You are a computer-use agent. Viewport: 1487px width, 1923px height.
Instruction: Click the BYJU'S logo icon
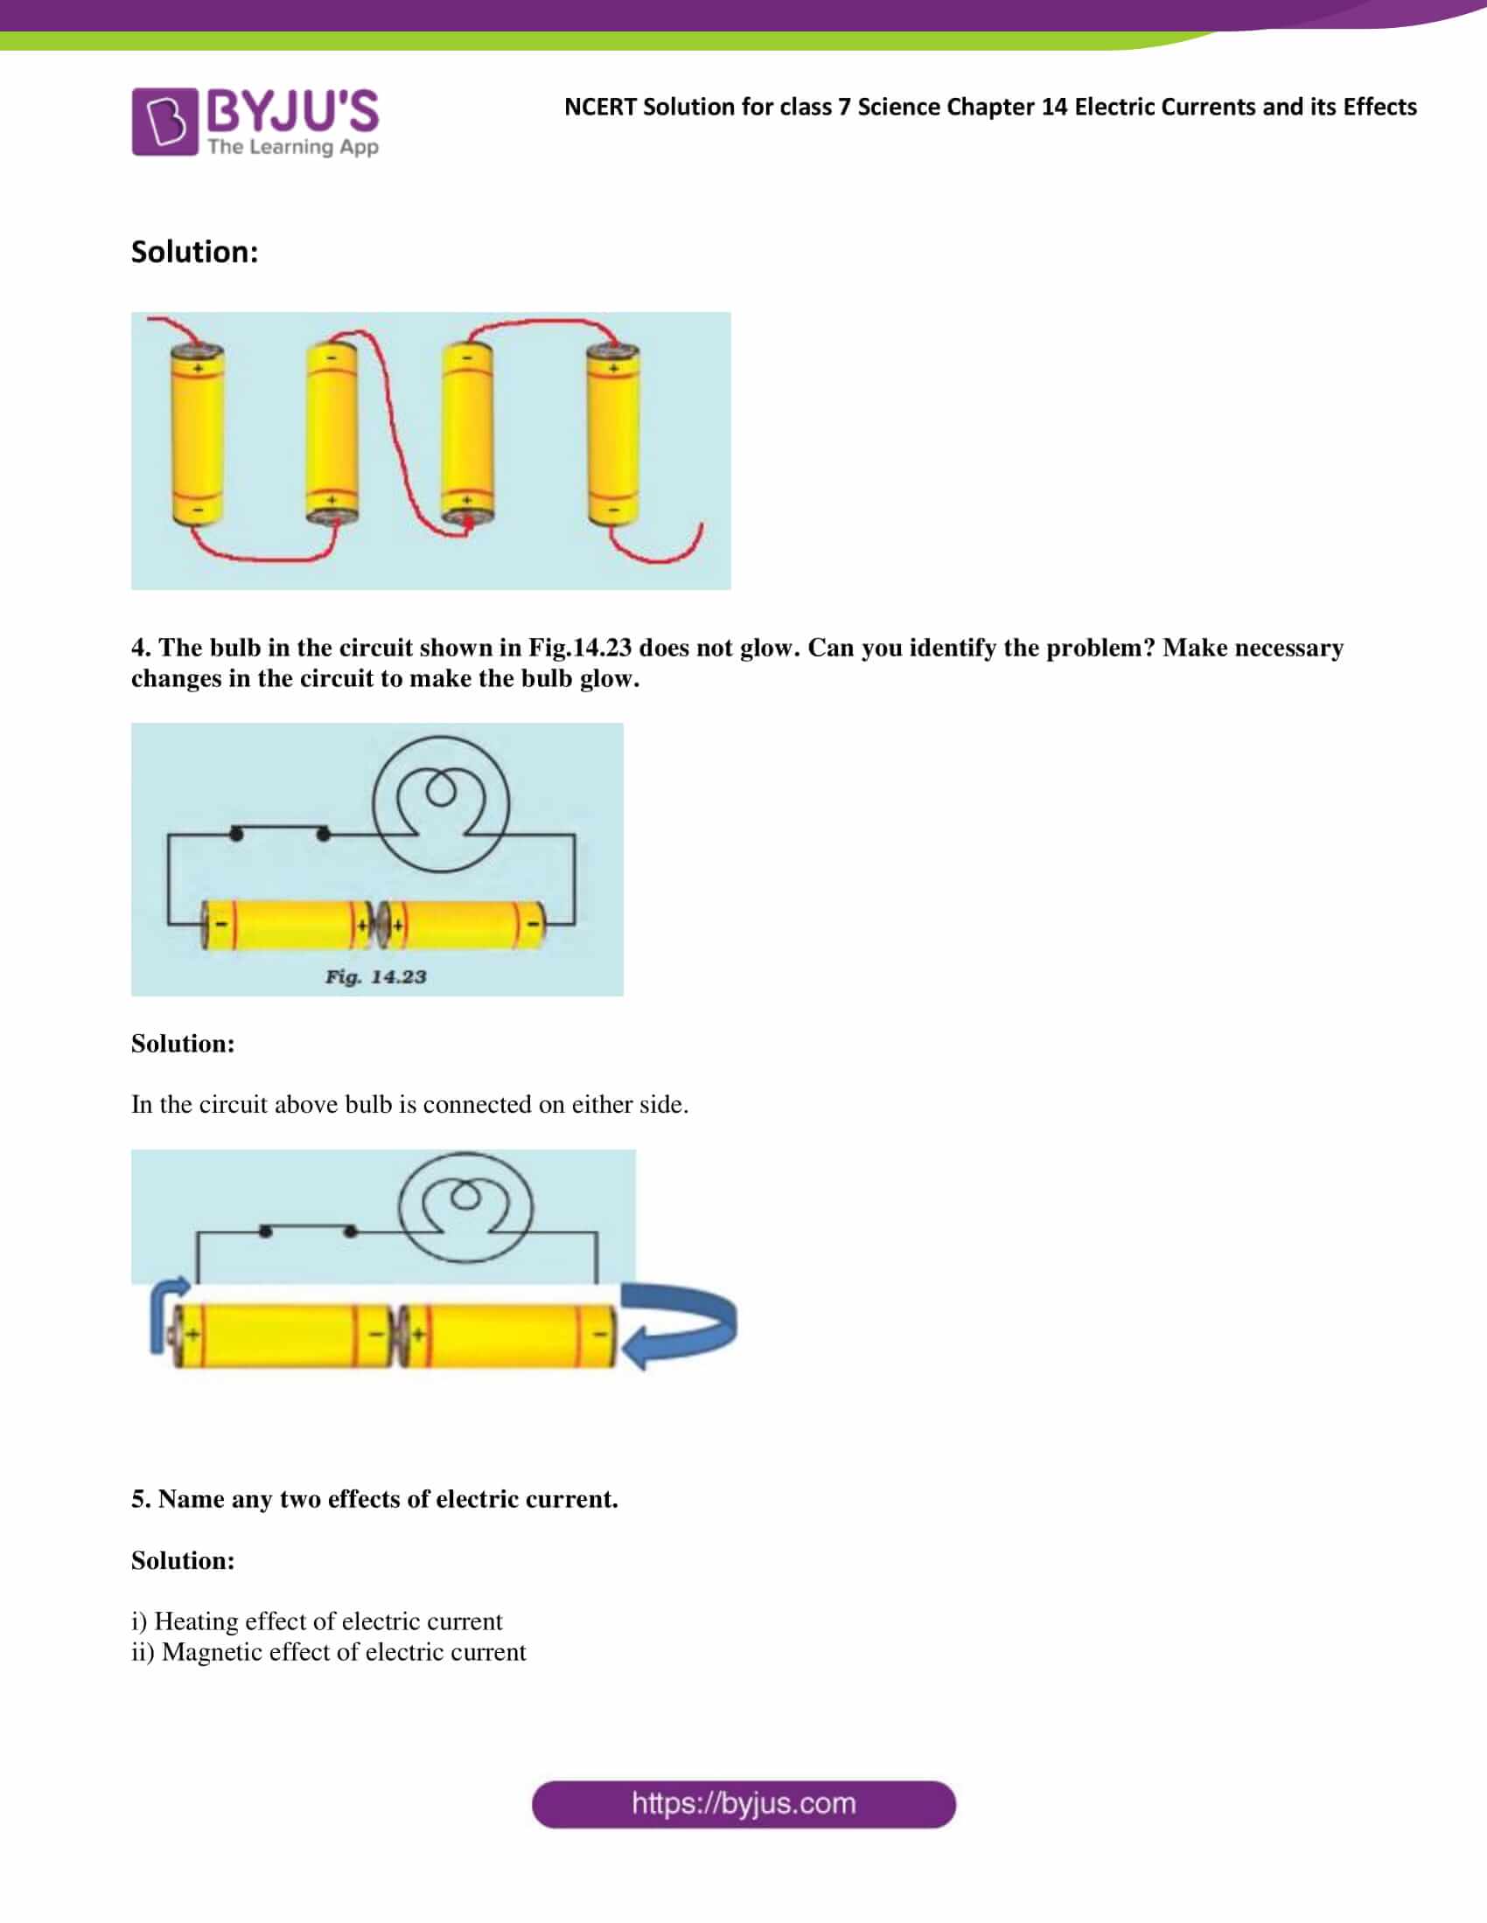click(164, 121)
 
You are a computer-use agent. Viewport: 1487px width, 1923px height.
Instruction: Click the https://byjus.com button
click(743, 1804)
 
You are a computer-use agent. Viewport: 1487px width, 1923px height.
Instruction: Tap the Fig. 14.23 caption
click(375, 976)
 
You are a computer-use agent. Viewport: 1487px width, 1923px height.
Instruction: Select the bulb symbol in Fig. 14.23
click(441, 804)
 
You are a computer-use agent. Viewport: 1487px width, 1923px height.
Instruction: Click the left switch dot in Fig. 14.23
click(236, 833)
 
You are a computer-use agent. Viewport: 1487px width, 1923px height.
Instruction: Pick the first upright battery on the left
click(197, 435)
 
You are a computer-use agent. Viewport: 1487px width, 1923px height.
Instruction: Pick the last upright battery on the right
click(612, 435)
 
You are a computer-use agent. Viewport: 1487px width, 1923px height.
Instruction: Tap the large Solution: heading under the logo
click(195, 252)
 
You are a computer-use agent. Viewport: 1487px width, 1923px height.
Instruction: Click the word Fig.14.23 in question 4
click(580, 647)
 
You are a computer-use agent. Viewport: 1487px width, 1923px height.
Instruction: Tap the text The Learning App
click(292, 146)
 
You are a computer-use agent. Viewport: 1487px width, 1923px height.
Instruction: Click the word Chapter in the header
click(991, 107)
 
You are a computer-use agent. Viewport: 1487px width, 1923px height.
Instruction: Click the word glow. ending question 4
click(609, 678)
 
